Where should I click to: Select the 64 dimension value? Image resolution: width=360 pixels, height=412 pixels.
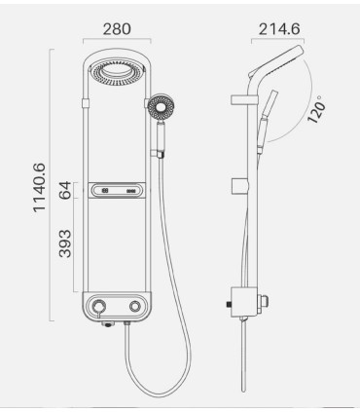[64, 191]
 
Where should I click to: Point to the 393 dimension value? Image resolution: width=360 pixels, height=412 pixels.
[64, 244]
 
